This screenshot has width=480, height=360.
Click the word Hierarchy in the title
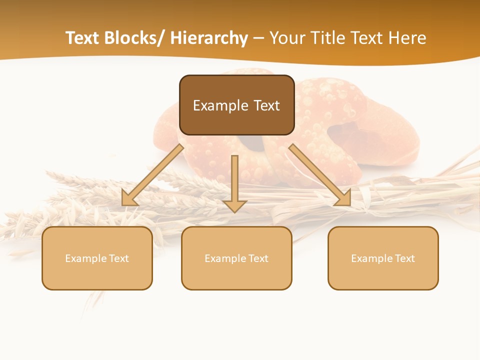click(209, 38)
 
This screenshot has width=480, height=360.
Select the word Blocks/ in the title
click(134, 38)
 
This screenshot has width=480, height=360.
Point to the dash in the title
click(258, 38)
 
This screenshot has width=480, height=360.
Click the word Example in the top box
click(213, 105)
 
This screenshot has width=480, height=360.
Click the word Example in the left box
click(81, 258)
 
